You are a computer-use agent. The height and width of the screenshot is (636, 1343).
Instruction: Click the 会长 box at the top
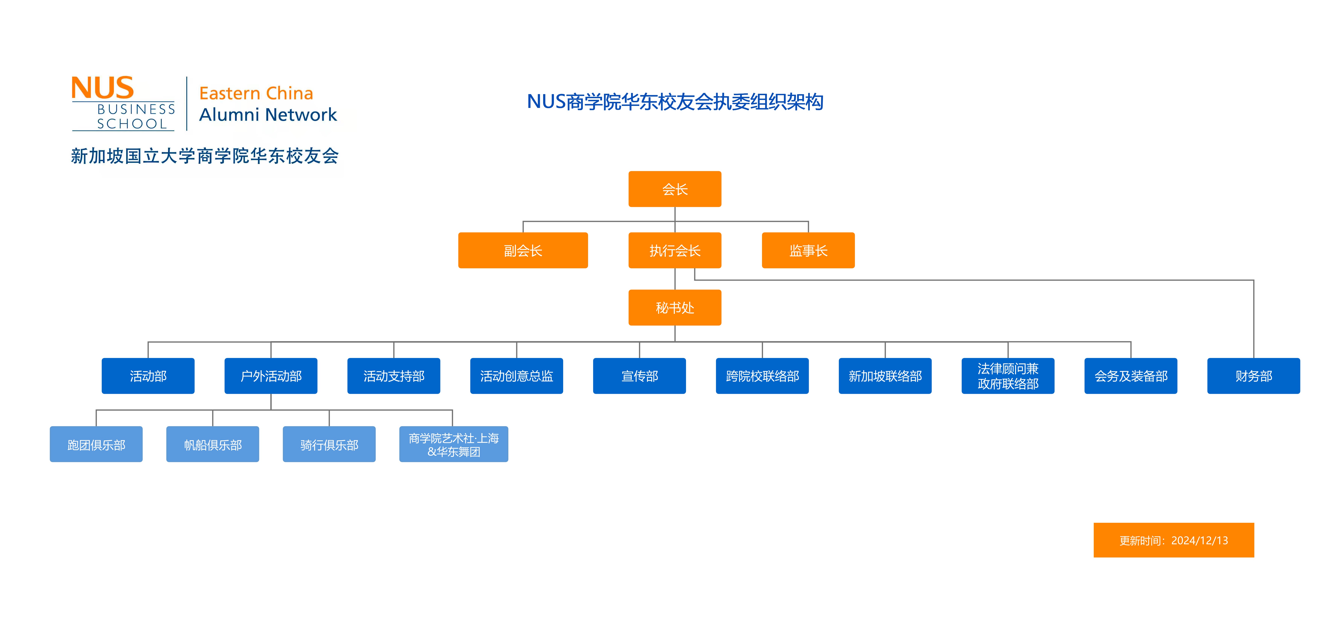[675, 189]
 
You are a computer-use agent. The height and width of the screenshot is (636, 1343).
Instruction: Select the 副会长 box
[523, 250]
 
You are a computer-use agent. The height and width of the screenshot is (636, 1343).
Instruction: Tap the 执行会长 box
[675, 250]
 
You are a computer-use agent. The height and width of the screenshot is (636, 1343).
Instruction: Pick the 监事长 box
[808, 250]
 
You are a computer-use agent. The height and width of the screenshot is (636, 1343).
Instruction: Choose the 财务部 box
[1253, 376]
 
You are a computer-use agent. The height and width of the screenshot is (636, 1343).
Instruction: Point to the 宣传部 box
[639, 376]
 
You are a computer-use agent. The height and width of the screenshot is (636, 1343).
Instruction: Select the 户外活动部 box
[271, 376]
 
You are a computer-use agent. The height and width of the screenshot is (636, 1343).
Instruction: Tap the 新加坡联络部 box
[885, 376]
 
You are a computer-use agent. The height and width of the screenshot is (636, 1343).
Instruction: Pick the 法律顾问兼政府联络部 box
[1008, 376]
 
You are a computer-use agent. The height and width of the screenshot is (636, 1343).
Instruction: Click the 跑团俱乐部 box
[96, 444]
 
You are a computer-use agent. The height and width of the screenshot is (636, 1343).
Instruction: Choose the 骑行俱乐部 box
[329, 444]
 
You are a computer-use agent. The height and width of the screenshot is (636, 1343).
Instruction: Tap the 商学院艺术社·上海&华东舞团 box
[454, 444]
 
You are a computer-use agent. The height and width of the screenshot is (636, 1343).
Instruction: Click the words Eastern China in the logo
[256, 93]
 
